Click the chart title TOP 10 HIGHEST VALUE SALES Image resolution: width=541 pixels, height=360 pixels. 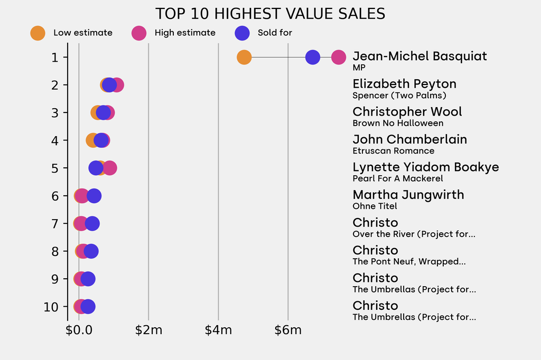click(x=270, y=13)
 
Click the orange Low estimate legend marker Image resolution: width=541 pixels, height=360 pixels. click(x=38, y=33)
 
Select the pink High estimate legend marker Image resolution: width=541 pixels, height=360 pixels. click(x=139, y=33)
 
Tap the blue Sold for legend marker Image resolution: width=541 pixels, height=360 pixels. click(x=242, y=33)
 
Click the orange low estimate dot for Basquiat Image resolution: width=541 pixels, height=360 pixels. click(x=244, y=57)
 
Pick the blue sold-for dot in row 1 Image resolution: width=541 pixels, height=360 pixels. click(x=313, y=57)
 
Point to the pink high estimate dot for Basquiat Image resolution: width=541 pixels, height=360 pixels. click(x=339, y=57)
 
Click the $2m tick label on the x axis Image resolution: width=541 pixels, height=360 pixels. click(x=148, y=331)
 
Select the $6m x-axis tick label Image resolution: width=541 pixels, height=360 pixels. click(x=288, y=331)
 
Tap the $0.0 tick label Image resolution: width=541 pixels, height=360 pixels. click(x=79, y=331)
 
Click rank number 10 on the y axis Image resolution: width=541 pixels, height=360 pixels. click(x=52, y=307)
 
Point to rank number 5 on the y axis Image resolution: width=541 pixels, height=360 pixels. click(x=55, y=168)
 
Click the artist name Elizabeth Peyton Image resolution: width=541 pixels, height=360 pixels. click(x=404, y=84)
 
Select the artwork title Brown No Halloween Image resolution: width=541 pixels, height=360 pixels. click(x=398, y=123)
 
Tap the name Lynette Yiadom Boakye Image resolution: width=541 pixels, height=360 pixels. click(x=425, y=167)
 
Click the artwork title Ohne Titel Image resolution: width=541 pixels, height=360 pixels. click(x=375, y=206)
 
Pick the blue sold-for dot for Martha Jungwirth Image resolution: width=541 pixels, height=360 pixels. click(x=94, y=196)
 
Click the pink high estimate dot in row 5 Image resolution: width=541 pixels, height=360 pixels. click(x=110, y=168)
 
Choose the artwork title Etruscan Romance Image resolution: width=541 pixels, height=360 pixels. click(x=393, y=151)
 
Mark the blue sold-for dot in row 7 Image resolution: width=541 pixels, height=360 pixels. click(x=92, y=224)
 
